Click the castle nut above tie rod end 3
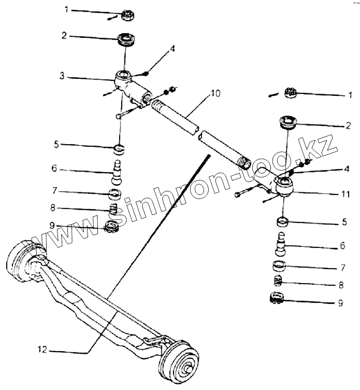pos(126,15)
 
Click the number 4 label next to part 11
pos(346,169)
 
